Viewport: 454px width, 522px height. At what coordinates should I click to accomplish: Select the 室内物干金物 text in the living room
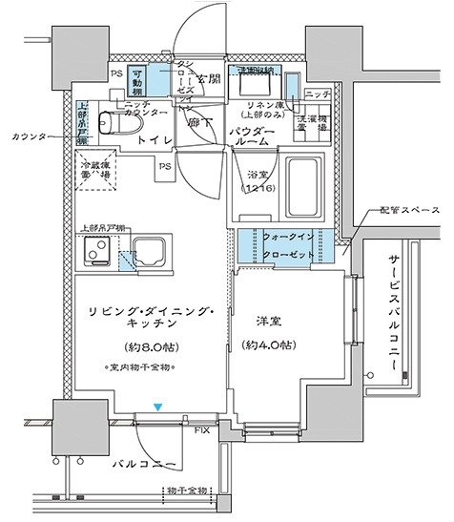click(139, 366)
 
